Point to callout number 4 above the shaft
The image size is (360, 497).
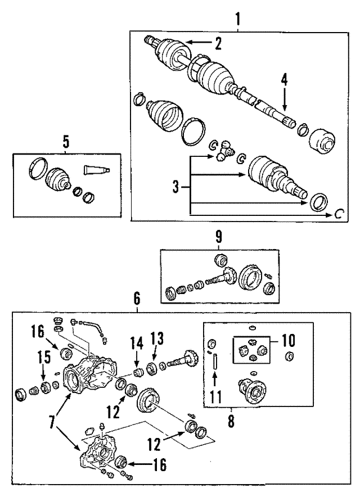tap(285, 80)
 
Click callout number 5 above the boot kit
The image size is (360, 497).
tap(66, 142)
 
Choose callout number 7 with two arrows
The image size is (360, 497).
tap(53, 420)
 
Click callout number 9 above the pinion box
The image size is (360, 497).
tap(219, 238)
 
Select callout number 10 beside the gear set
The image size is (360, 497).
tap(287, 341)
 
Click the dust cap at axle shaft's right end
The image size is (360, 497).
tap(323, 139)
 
